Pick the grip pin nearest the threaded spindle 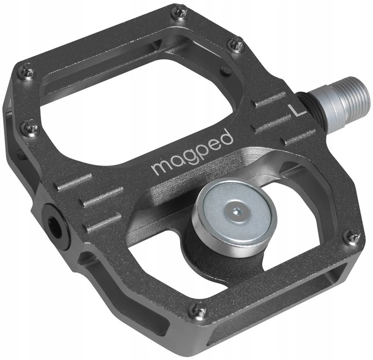tap(238, 44)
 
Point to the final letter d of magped tap(227, 138)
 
